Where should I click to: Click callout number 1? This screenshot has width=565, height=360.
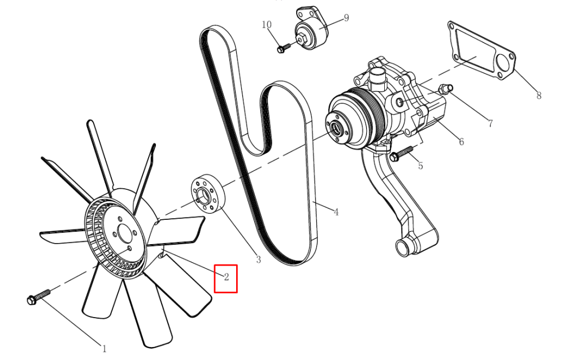coord(105,349)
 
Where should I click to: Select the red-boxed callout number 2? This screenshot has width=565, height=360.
coord(227,277)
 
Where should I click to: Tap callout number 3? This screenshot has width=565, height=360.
coord(258,259)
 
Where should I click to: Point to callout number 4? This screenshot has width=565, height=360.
coord(336,212)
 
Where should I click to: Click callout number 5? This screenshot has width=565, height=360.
coord(420,166)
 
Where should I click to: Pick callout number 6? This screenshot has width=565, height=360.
coord(462,142)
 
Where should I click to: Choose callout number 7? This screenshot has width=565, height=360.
coord(490,124)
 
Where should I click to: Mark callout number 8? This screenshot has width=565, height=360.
coord(538,96)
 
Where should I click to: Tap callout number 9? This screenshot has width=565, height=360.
coord(346,18)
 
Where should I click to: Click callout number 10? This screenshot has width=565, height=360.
coord(267,24)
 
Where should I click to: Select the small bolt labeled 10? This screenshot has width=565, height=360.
coord(284,47)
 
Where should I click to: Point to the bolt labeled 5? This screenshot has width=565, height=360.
coord(401,153)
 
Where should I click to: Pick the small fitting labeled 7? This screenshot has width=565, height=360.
coord(445,88)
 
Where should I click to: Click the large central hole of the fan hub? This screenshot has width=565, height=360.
coord(124,233)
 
